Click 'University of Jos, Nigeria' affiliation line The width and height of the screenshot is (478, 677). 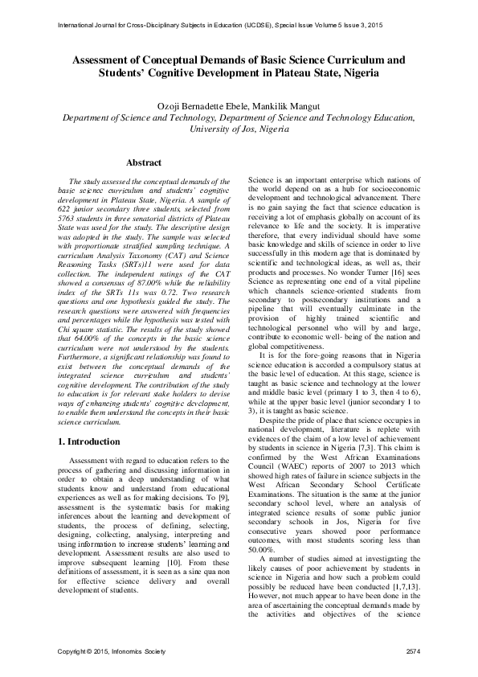click(239, 129)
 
